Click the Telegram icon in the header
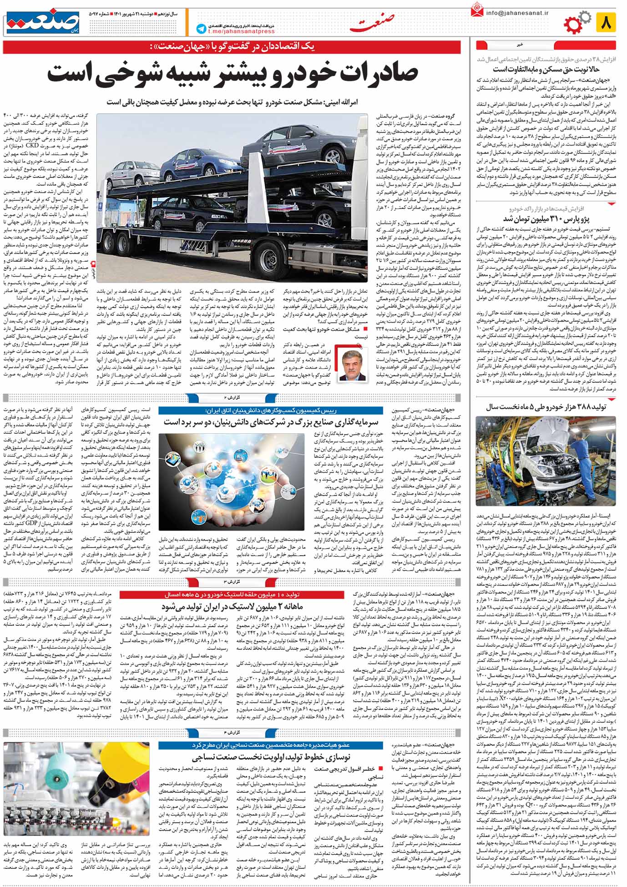pyautogui.click(x=200, y=28)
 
